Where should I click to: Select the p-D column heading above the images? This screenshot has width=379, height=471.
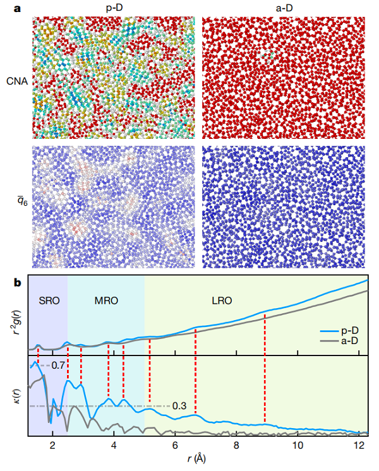click(x=114, y=7)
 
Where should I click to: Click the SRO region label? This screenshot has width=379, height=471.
click(x=48, y=301)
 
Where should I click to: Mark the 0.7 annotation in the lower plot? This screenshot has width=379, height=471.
click(x=58, y=365)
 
